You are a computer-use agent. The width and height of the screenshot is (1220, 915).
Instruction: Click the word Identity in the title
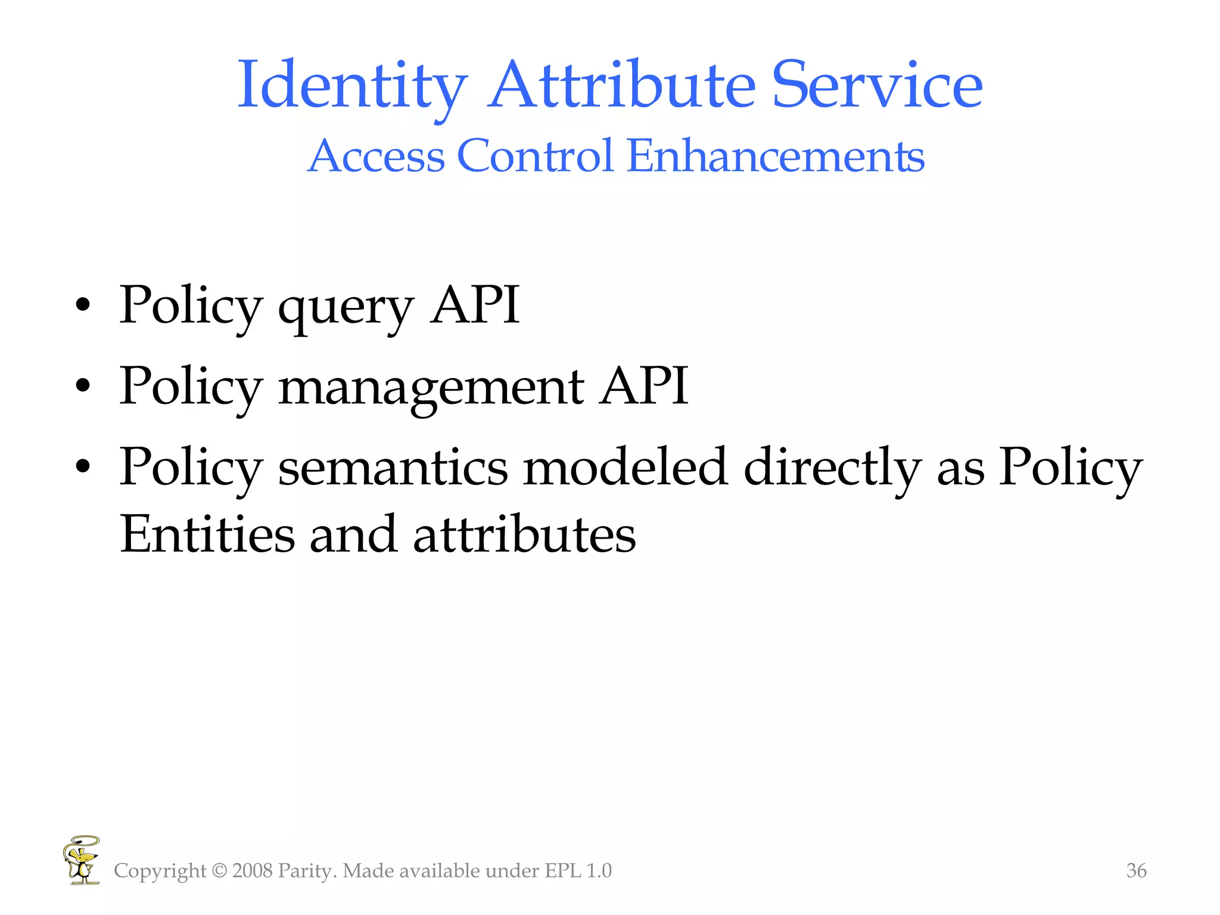pyautogui.click(x=351, y=86)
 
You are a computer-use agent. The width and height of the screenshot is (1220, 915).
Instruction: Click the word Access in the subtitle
pyautogui.click(x=376, y=156)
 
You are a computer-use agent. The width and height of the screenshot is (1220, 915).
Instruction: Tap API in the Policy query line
pyautogui.click(x=475, y=305)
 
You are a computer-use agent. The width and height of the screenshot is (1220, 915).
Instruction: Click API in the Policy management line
pyautogui.click(x=644, y=386)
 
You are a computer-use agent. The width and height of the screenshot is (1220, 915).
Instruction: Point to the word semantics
pyautogui.click(x=393, y=467)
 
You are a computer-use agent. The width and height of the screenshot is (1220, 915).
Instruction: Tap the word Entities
pyautogui.click(x=207, y=534)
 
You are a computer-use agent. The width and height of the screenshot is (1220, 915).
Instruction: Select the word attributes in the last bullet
pyautogui.click(x=524, y=534)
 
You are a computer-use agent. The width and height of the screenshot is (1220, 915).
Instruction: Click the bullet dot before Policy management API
pyautogui.click(x=83, y=387)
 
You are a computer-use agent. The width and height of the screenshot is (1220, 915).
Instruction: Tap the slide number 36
pyautogui.click(x=1136, y=870)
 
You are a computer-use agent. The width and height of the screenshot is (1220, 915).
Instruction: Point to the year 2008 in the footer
pyautogui.click(x=252, y=871)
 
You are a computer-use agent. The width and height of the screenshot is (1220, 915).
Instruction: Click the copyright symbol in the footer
pyautogui.click(x=219, y=871)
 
